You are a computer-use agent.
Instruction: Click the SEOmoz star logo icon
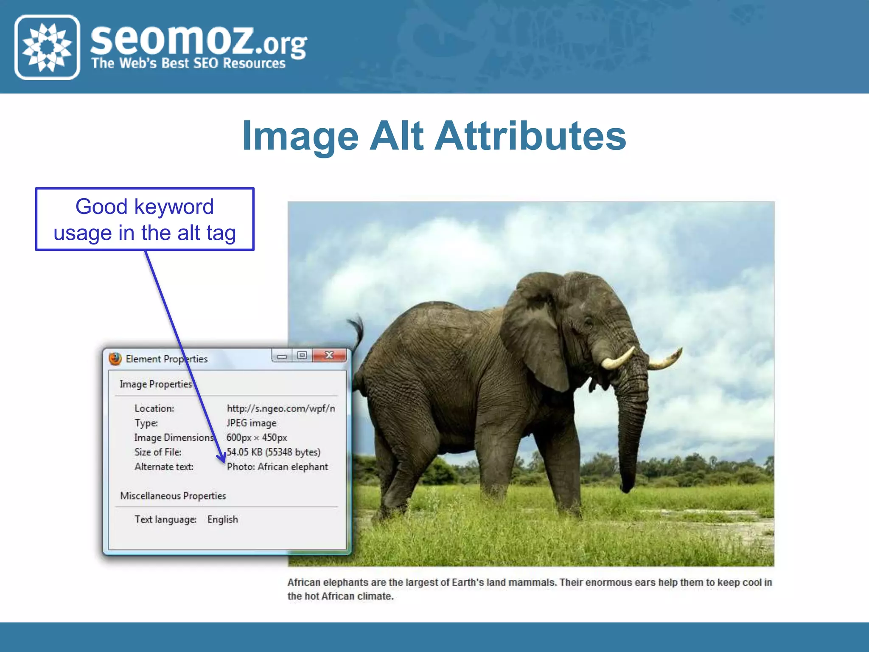47,47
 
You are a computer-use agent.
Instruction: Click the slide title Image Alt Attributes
434,136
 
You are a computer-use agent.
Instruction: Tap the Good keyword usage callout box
145,219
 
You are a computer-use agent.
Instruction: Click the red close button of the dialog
329,355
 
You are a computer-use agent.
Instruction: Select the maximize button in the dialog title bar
302,355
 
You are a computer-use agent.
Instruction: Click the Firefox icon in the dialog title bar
115,359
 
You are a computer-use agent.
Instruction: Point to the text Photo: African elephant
278,467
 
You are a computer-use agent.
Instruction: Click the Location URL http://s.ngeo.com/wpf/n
281,408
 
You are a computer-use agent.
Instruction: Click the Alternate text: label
164,467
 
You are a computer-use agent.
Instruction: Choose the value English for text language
223,520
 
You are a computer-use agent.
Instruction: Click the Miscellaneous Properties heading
173,496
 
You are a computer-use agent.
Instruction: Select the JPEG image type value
252,423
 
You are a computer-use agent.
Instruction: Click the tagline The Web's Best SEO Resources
188,64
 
